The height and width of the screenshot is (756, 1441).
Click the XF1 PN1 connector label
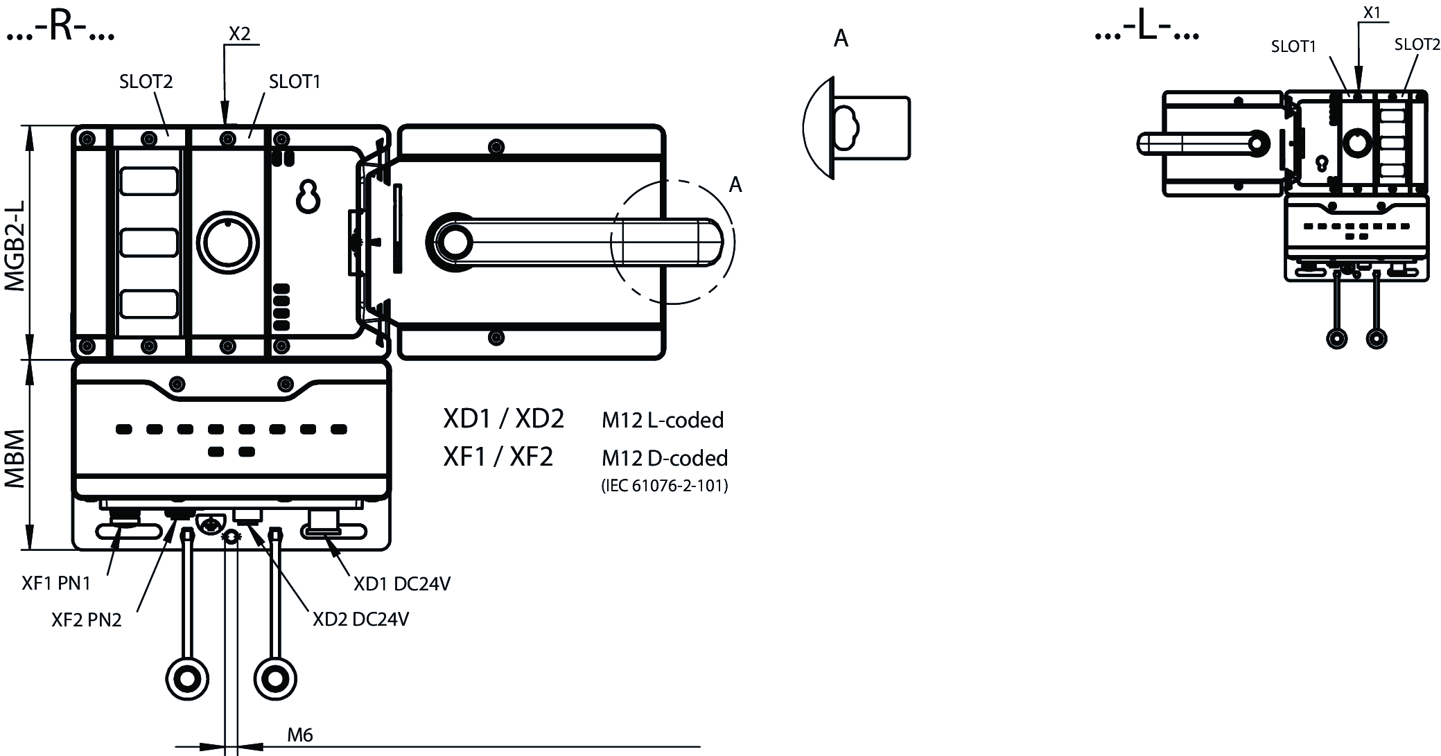56,583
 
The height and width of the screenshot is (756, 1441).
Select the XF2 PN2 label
87,619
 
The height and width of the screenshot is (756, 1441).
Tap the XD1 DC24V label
402,584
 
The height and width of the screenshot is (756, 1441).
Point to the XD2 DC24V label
360,619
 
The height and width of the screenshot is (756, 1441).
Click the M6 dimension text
300,735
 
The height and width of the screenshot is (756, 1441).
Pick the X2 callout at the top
239,34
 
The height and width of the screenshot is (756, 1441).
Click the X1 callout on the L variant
1372,12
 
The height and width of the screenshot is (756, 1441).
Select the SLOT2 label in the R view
146,82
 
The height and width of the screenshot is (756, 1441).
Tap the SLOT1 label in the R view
295,82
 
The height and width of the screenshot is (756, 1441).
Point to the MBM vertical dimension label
15,459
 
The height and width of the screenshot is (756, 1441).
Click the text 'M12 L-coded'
663,420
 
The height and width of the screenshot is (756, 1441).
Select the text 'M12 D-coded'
665,458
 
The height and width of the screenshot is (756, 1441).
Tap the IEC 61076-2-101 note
664,486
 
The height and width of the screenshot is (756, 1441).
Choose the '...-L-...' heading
1146,30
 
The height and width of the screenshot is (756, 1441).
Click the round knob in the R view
228,243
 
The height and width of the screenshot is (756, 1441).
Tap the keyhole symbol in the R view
308,196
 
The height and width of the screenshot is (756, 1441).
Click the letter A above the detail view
841,38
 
